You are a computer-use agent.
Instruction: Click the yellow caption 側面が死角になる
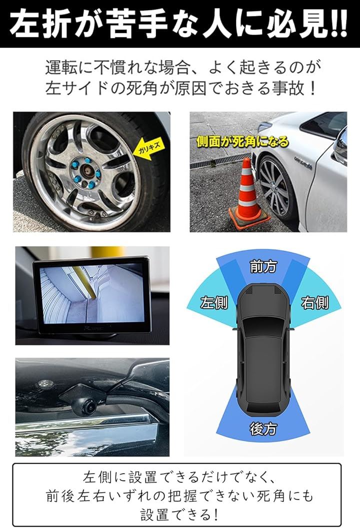click(x=242, y=142)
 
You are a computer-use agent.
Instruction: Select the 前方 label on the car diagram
click(x=263, y=267)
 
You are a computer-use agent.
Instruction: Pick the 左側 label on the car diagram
click(x=214, y=302)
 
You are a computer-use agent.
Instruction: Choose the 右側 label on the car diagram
click(x=314, y=302)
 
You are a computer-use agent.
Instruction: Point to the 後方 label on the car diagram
click(x=263, y=429)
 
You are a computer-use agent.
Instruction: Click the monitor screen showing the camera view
click(x=91, y=294)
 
